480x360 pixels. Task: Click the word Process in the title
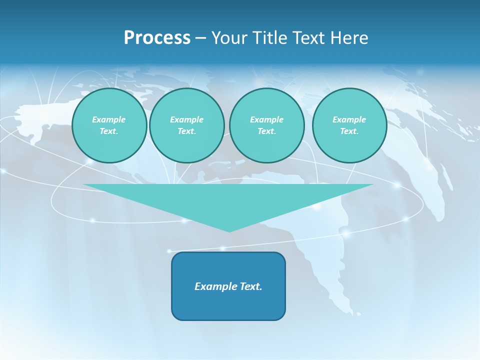tap(157, 38)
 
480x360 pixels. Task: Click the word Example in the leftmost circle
tap(109, 119)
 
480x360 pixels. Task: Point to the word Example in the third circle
tap(266, 119)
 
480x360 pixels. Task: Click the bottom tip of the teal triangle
tap(229, 230)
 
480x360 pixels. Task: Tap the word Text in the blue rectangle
tap(250, 286)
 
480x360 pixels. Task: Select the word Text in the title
tap(308, 38)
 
